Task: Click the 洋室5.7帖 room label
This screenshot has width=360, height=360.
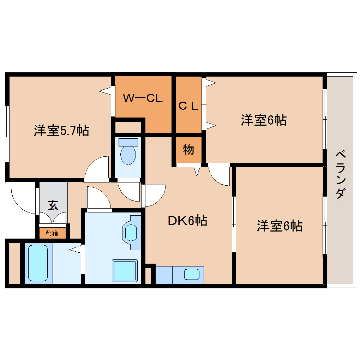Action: pos(61,131)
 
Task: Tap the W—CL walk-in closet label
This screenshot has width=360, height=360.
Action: pos(143,98)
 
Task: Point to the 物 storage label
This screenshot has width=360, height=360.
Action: pos(188,150)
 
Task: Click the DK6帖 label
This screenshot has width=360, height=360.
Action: pos(187,221)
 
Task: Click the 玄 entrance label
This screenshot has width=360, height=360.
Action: pos(53,205)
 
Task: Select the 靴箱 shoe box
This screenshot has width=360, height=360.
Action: pos(52,233)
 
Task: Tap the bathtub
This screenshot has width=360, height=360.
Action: pos(38,263)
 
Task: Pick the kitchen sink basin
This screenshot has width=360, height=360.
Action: pos(192,275)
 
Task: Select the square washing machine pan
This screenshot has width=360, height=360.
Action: pos(124,270)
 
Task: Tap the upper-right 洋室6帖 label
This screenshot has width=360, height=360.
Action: pos(264,120)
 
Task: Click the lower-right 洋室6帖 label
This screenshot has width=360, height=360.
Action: pos(279,226)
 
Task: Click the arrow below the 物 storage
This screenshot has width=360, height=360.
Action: pos(197,172)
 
